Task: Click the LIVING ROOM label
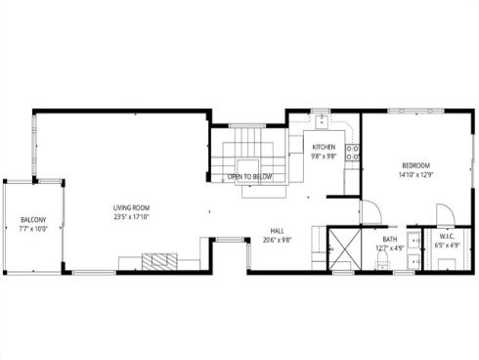[x=131, y=207]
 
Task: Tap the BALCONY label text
[x=32, y=220]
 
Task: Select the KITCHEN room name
[x=324, y=147]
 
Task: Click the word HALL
[x=278, y=232]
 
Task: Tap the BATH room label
[x=390, y=240]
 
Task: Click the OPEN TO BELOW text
[x=250, y=177]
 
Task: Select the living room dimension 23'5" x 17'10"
[x=131, y=217]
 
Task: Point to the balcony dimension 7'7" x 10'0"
[x=32, y=230]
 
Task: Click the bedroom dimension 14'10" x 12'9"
[x=414, y=175]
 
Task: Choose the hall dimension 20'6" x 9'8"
[x=278, y=241]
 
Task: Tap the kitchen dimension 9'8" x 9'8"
[x=324, y=157]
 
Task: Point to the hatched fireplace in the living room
[x=159, y=260]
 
